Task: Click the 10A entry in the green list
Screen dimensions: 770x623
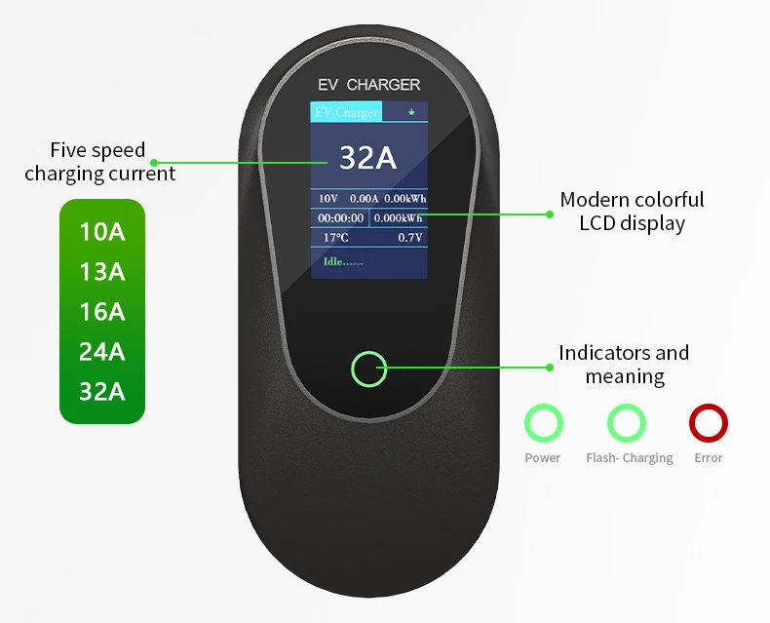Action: pyautogui.click(x=102, y=232)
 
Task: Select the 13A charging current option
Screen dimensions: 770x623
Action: pyautogui.click(x=102, y=272)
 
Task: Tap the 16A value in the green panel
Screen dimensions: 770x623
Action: pyautogui.click(x=102, y=312)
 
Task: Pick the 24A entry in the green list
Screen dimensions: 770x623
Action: pyautogui.click(x=102, y=352)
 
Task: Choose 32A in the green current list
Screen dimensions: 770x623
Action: pyautogui.click(x=102, y=392)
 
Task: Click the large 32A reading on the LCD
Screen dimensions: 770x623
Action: pyautogui.click(x=367, y=157)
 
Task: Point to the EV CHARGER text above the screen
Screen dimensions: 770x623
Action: pyautogui.click(x=369, y=85)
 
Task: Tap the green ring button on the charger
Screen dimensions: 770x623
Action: pyautogui.click(x=368, y=370)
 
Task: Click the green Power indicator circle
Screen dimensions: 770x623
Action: pyautogui.click(x=543, y=424)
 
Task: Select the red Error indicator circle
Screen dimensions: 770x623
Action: pyautogui.click(x=709, y=424)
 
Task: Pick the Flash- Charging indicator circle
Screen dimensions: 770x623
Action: pyautogui.click(x=627, y=424)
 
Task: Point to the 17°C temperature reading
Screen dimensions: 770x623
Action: pyautogui.click(x=335, y=237)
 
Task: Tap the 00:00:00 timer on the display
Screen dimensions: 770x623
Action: pyautogui.click(x=341, y=218)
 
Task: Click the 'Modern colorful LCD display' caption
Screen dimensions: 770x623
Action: pyautogui.click(x=632, y=212)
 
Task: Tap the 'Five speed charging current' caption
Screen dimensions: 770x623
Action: pyautogui.click(x=99, y=162)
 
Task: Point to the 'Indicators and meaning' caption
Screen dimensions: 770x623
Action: pyautogui.click(x=624, y=364)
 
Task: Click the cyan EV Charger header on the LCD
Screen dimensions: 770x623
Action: pyautogui.click(x=346, y=112)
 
